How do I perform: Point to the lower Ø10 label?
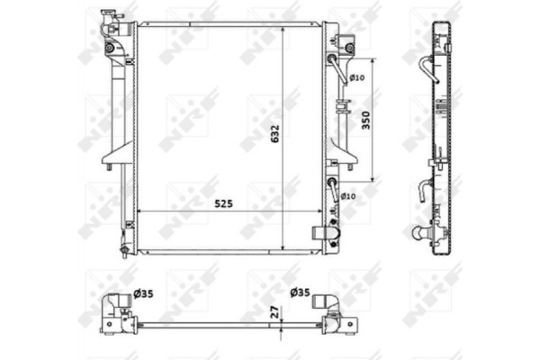(349, 195)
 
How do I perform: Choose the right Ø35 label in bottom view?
(301, 292)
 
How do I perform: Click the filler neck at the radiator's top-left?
(109, 17)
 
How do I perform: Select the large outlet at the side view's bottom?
(420, 233)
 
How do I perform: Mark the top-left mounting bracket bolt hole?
(109, 47)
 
